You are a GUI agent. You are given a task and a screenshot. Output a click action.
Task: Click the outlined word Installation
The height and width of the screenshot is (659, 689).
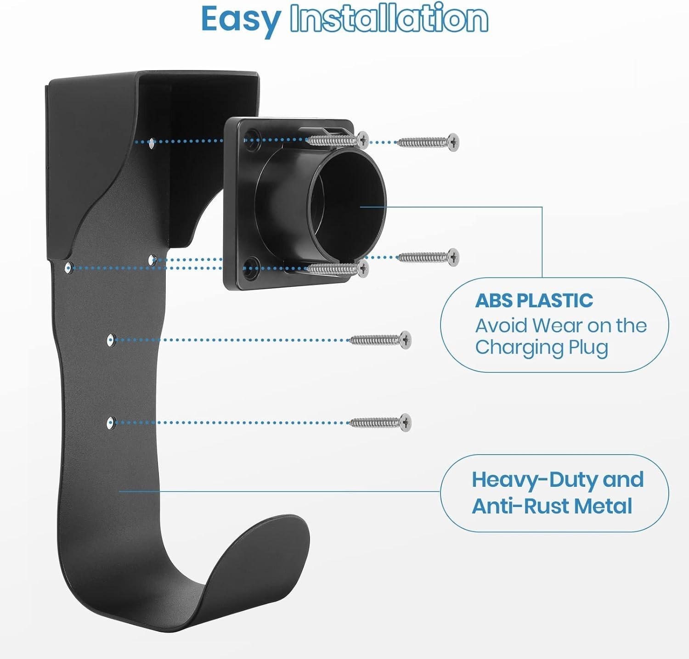pyautogui.click(x=389, y=18)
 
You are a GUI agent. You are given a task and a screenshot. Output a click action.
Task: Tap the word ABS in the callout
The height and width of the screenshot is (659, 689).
pyautogui.click(x=494, y=301)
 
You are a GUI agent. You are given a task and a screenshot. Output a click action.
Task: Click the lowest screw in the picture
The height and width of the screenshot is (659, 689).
pyautogui.click(x=381, y=422)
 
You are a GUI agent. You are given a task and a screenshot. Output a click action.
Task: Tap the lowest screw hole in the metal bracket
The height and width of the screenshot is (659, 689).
pyautogui.click(x=110, y=422)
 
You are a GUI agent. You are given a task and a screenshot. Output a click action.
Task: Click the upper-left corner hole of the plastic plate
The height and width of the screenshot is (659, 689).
pyautogui.click(x=251, y=140)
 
